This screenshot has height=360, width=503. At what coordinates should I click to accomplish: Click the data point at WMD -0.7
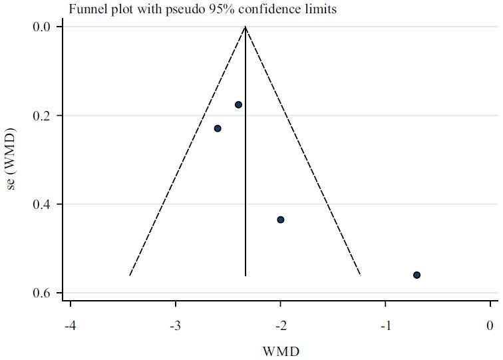417,275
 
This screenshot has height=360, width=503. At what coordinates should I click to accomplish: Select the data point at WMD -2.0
281,220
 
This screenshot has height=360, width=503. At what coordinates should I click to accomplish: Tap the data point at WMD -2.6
218,128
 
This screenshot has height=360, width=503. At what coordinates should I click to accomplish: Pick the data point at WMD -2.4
238,104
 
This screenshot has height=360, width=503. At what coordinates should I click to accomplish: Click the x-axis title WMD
279,349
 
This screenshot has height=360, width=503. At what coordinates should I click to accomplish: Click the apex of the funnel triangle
246,27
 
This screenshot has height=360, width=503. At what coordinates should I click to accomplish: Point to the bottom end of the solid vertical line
246,275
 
